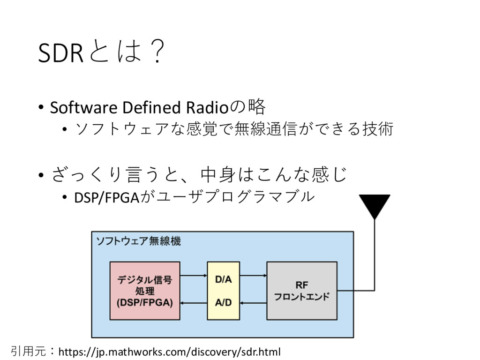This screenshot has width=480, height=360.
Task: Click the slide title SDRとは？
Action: (102, 52)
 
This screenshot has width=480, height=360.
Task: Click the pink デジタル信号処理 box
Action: (145, 291)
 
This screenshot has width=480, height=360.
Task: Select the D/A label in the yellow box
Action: (224, 279)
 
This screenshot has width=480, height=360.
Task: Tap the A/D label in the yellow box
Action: (224, 302)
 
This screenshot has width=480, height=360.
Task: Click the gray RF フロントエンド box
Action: (302, 291)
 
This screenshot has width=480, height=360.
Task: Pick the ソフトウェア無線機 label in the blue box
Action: (138, 241)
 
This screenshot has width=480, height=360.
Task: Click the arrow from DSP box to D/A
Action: (194, 276)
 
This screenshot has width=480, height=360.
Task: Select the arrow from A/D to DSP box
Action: (194, 303)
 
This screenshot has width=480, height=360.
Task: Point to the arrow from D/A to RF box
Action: (253, 276)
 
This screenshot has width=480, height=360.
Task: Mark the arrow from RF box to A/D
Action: (253, 303)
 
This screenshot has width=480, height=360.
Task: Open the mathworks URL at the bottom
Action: (169, 352)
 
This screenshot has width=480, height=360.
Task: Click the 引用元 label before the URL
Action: (28, 351)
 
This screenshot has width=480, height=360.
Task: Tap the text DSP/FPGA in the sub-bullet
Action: (107, 197)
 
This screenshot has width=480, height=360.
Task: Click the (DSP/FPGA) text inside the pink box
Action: (145, 302)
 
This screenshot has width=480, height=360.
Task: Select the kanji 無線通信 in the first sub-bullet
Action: (266, 128)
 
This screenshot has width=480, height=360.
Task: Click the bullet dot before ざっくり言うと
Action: (41, 175)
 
